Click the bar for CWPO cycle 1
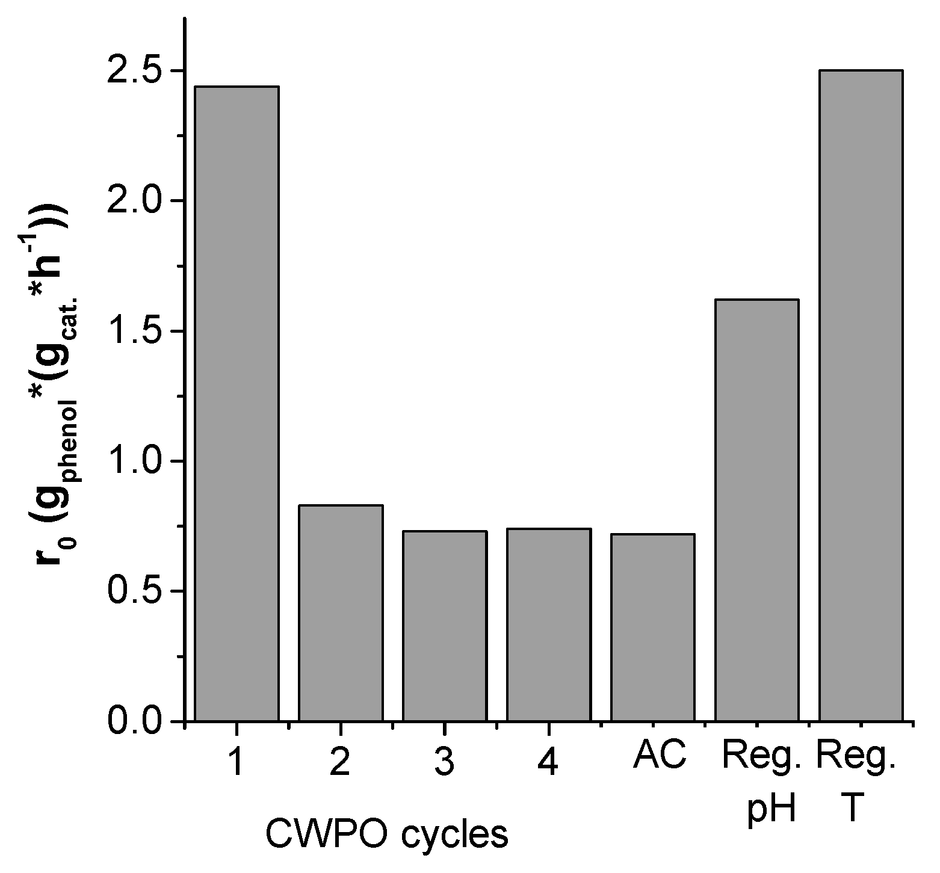237,403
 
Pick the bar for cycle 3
445,626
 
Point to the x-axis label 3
444,762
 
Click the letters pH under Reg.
772,809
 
